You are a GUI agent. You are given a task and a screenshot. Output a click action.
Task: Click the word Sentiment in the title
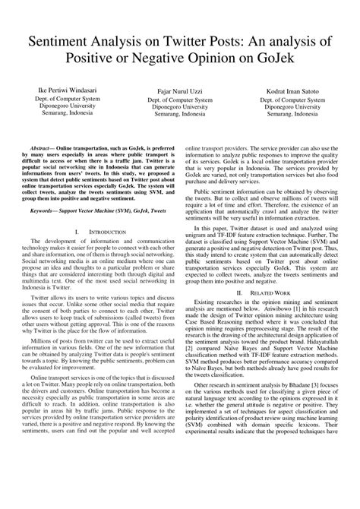point(62,43)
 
